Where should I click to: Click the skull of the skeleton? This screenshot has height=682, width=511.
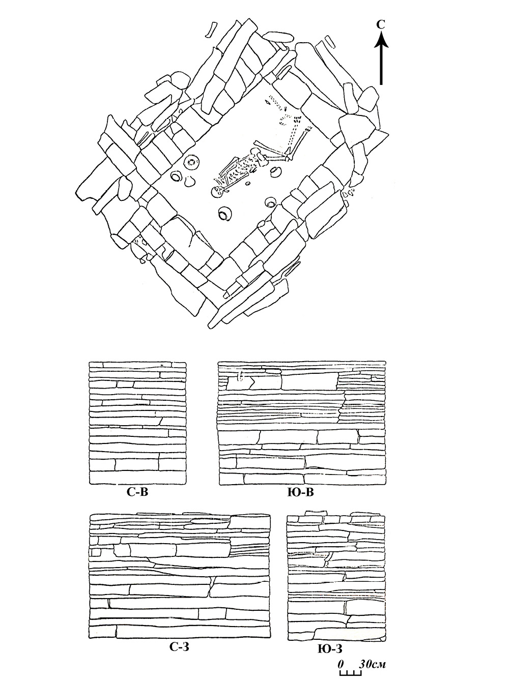coord(217,192)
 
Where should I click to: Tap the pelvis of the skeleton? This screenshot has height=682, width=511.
coord(258,155)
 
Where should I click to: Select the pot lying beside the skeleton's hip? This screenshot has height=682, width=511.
coord(275,172)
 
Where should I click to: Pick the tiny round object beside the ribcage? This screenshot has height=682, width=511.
coord(248,184)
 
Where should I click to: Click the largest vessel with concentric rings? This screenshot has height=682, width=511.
coord(191,162)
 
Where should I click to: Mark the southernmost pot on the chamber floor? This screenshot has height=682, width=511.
coord(225,215)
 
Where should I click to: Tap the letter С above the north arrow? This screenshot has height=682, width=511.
coord(381,25)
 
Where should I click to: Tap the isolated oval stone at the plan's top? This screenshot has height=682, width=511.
coord(279,37)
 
